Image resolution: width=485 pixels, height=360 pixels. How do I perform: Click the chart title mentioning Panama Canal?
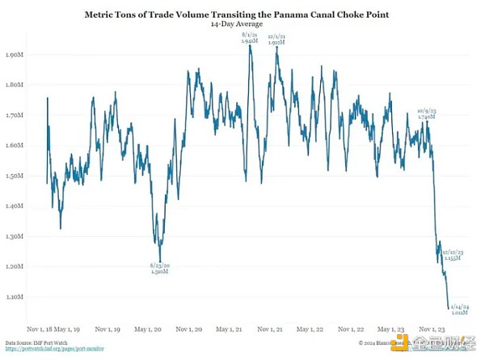242,15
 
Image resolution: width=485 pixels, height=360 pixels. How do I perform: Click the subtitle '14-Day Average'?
242,25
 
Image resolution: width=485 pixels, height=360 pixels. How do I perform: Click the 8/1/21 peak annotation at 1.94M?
250,37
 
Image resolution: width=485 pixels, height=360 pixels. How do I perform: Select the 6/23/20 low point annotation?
159,268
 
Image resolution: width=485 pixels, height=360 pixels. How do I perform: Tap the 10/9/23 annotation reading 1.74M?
427,112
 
